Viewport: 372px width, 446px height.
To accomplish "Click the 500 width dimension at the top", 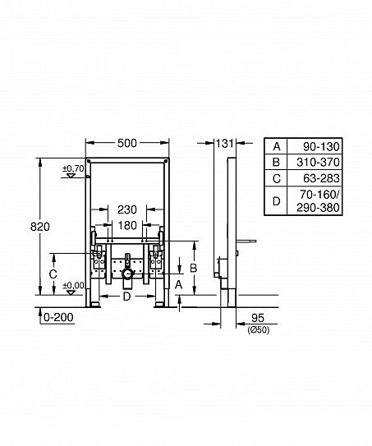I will pyautogui.click(x=126, y=143).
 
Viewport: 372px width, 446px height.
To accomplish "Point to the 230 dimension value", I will pyautogui.click(x=126, y=209).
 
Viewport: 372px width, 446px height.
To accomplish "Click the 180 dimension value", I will pyautogui.click(x=126, y=225).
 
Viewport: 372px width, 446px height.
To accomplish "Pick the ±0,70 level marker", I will pyautogui.click(x=73, y=169).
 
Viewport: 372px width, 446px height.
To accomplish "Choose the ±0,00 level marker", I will pyautogui.click(x=73, y=285).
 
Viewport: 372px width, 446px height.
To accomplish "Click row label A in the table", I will pyautogui.click(x=276, y=146).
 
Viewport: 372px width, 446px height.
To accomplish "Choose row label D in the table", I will pyautogui.click(x=276, y=201).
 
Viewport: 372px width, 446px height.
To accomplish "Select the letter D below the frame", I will pyautogui.click(x=126, y=297).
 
